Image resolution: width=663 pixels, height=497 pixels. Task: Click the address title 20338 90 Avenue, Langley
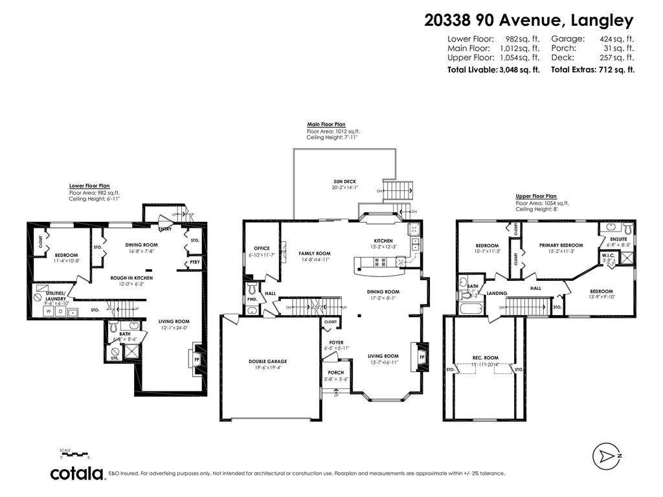(528, 21)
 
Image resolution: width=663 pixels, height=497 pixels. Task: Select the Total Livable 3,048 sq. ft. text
(493, 69)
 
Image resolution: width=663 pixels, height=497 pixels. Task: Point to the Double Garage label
(267, 362)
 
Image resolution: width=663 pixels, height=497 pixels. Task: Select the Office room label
(262, 248)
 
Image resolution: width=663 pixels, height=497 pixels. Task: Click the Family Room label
(315, 254)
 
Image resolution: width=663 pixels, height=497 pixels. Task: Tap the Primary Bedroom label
(561, 245)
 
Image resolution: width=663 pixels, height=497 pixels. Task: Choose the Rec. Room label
(485, 358)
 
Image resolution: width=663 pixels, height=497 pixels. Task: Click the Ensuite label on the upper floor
(618, 239)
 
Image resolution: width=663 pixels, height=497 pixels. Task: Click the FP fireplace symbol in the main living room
(421, 357)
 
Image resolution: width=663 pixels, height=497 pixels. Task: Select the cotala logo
(78, 474)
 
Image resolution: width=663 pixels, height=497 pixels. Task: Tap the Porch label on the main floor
(336, 373)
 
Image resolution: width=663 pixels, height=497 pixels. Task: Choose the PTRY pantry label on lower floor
(194, 263)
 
